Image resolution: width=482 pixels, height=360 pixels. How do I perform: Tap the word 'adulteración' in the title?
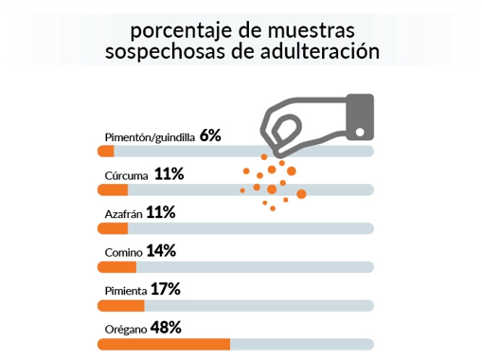coord(322,51)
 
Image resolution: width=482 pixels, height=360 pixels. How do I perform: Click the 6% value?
coord(210,135)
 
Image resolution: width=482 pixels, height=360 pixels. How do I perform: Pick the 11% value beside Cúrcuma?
coord(169,173)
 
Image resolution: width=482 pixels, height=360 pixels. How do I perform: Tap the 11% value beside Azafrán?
coord(161,212)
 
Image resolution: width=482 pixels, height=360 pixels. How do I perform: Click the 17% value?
coord(165,289)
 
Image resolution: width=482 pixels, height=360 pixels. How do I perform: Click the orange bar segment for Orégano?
coord(164,344)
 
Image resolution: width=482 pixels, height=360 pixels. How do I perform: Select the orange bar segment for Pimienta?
coord(121,305)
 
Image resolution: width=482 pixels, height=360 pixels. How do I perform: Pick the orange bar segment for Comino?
coord(116,266)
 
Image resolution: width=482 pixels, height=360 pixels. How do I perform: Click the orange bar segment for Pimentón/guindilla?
coord(106,151)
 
